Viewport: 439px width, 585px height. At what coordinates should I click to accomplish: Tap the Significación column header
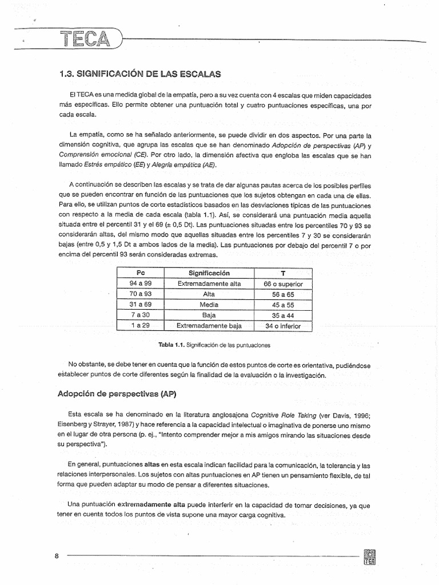click(209, 273)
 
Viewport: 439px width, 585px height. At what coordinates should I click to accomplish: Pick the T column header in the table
click(284, 273)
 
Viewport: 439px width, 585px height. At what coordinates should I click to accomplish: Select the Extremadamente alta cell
click(209, 284)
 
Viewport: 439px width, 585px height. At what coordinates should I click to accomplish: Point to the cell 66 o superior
click(284, 284)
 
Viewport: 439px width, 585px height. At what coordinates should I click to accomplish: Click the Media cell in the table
click(209, 305)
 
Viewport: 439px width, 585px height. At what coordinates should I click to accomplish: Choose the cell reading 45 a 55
click(284, 305)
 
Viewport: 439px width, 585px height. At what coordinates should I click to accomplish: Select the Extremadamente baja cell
click(209, 326)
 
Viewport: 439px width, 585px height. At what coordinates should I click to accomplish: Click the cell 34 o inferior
click(284, 326)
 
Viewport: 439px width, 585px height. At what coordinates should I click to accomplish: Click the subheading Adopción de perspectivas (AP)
click(114, 394)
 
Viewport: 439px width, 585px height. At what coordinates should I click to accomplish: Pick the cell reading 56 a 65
click(284, 294)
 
